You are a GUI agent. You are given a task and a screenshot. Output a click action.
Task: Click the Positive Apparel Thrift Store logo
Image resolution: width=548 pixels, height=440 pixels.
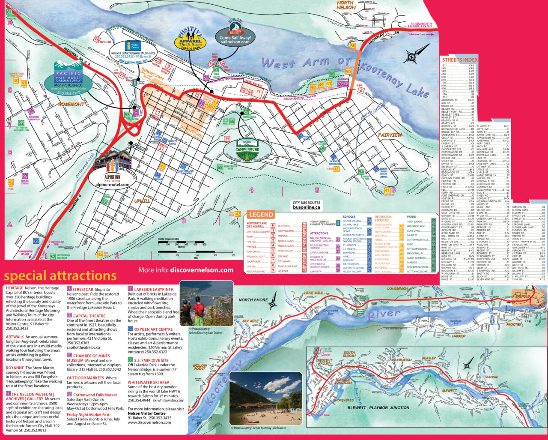(x=190, y=39)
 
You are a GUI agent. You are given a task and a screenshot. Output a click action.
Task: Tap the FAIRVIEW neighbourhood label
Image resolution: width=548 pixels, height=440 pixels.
(x=390, y=135)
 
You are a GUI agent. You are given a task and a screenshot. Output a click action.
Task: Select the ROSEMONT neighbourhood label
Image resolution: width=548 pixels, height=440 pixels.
(x=71, y=104)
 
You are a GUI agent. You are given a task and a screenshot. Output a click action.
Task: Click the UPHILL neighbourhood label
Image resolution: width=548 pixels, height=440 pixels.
(x=142, y=200)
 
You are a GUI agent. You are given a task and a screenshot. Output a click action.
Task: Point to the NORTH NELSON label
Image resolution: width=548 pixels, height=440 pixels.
(x=345, y=5)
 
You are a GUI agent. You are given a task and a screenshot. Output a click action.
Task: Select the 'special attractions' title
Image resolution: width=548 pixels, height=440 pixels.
(x=60, y=275)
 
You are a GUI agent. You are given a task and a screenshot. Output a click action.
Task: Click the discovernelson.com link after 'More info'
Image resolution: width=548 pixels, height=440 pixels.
(x=202, y=270)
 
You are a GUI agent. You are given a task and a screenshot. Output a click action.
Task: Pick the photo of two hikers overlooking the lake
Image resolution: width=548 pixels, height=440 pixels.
(x=206, y=303)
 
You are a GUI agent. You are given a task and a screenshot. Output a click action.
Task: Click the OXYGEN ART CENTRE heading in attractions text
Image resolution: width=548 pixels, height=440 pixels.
(x=153, y=329)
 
